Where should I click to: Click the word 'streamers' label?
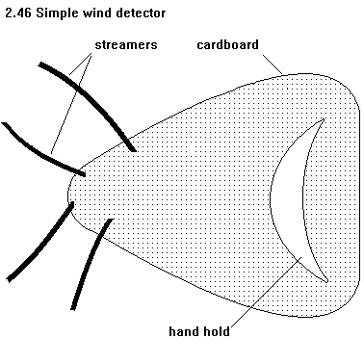click(126, 45)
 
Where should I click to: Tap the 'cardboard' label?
click(227, 44)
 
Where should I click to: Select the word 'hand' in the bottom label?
click(182, 331)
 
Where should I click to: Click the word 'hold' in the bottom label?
click(216, 331)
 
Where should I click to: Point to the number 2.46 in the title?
click(18, 13)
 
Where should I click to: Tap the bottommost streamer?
click(91, 263)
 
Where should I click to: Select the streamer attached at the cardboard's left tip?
click(41, 242)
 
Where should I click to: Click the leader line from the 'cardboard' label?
click(273, 65)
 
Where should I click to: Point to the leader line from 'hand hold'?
click(266, 291)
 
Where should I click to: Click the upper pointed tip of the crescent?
click(324, 119)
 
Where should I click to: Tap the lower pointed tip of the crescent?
click(327, 282)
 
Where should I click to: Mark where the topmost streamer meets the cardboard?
click(132, 149)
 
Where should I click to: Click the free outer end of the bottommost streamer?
click(73, 309)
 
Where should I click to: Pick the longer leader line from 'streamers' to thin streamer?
click(71, 103)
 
